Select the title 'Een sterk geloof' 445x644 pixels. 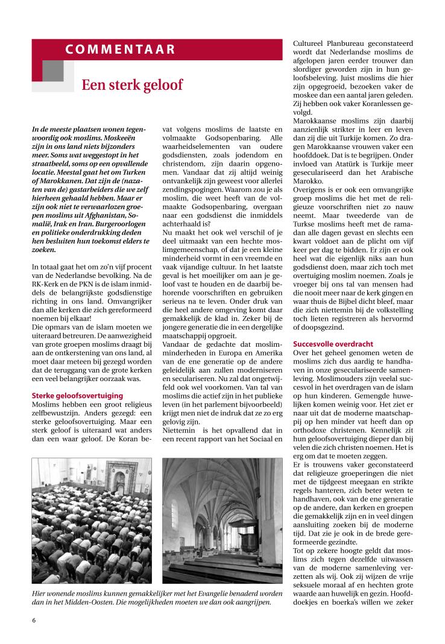pos(132,85)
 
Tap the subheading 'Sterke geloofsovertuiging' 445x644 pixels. pos(77,396)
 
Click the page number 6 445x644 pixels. pos(34,620)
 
